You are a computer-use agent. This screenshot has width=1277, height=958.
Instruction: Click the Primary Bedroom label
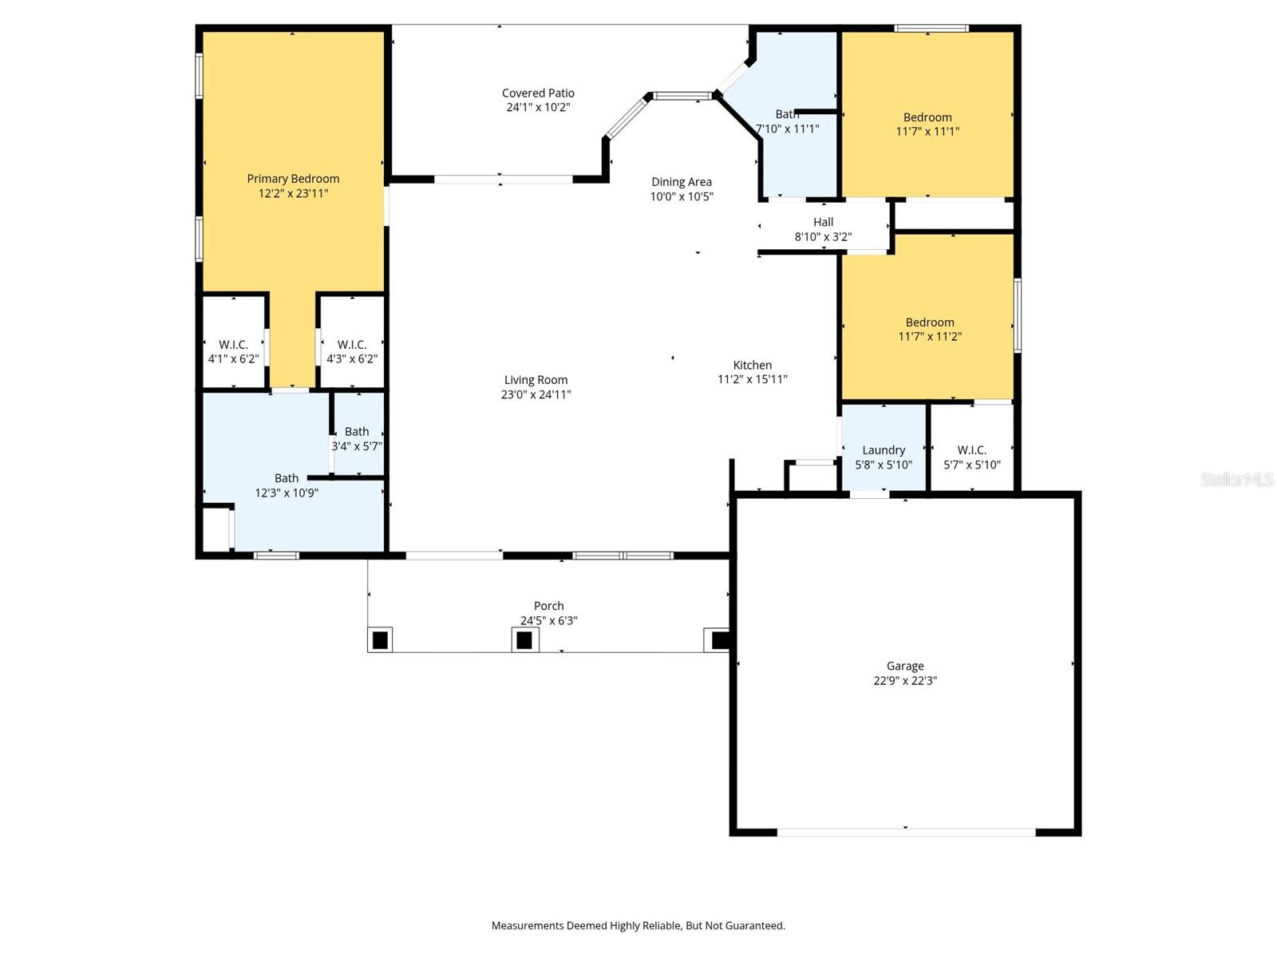293,179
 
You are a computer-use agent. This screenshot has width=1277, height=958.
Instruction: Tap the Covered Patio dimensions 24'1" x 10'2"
538,108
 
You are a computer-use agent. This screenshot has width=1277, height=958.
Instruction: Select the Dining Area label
681,182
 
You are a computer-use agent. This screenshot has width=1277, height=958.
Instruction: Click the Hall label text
823,223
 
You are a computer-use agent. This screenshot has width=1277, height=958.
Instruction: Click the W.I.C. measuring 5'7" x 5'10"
971,457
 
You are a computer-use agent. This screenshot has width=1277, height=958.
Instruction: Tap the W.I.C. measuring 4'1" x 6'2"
233,352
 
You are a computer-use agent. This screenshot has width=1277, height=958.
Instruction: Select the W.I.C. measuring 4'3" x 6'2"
352,352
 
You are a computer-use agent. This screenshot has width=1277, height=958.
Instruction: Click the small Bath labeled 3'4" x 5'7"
357,438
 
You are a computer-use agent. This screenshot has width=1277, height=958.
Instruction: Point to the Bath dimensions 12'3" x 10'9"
287,493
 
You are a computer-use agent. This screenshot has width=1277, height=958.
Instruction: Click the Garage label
905,666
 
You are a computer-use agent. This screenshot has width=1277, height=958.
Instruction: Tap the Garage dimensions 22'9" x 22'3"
905,681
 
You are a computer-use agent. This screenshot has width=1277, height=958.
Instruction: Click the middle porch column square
524,640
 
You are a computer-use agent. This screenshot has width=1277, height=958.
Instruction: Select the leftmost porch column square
381,640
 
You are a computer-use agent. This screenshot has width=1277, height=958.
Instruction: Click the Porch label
548,606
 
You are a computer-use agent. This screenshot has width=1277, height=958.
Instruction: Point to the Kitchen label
752,365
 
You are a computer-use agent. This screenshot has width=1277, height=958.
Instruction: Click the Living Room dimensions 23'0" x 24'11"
536,394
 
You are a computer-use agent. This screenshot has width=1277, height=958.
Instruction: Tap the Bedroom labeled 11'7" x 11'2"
930,330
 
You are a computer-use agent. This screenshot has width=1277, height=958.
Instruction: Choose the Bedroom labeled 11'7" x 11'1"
927,125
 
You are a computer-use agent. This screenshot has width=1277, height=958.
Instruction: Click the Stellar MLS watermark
1237,479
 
